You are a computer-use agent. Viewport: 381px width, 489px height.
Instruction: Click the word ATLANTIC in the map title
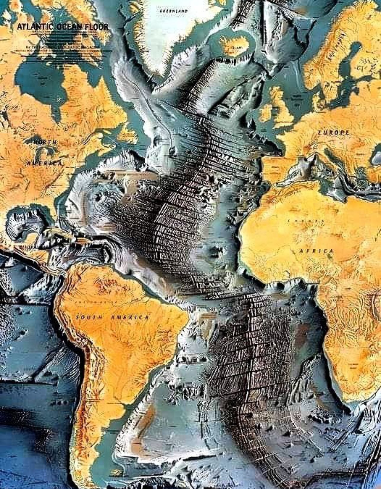click(35, 27)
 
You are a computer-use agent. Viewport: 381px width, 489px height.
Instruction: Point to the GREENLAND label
click(174, 11)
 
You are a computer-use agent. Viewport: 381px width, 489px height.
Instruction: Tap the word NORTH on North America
click(44, 142)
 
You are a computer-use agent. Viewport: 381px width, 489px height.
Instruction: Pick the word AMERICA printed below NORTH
click(44, 163)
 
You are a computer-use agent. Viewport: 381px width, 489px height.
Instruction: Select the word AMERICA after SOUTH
click(130, 317)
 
